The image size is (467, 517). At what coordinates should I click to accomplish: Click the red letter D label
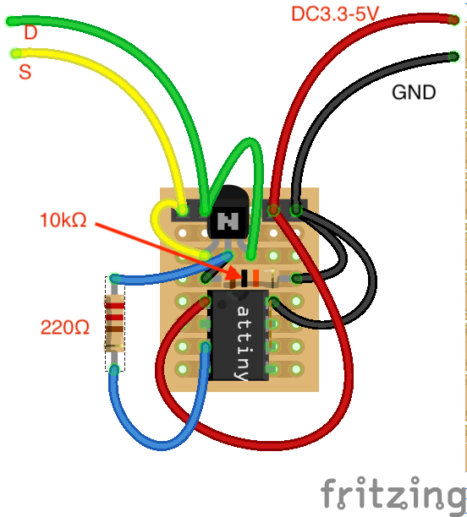[x=30, y=33]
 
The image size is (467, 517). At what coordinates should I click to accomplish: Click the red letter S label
[x=25, y=73]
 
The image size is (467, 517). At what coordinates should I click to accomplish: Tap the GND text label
[x=413, y=92]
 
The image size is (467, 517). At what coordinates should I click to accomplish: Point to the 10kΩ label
[x=63, y=220]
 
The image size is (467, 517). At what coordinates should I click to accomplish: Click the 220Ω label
[x=65, y=327]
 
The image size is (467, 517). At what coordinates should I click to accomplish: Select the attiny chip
[x=238, y=335]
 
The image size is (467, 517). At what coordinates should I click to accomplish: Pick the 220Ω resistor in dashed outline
[x=114, y=323]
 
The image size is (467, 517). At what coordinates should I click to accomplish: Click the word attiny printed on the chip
[x=243, y=343]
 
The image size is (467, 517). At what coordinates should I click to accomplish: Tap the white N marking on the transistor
[x=227, y=221]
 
